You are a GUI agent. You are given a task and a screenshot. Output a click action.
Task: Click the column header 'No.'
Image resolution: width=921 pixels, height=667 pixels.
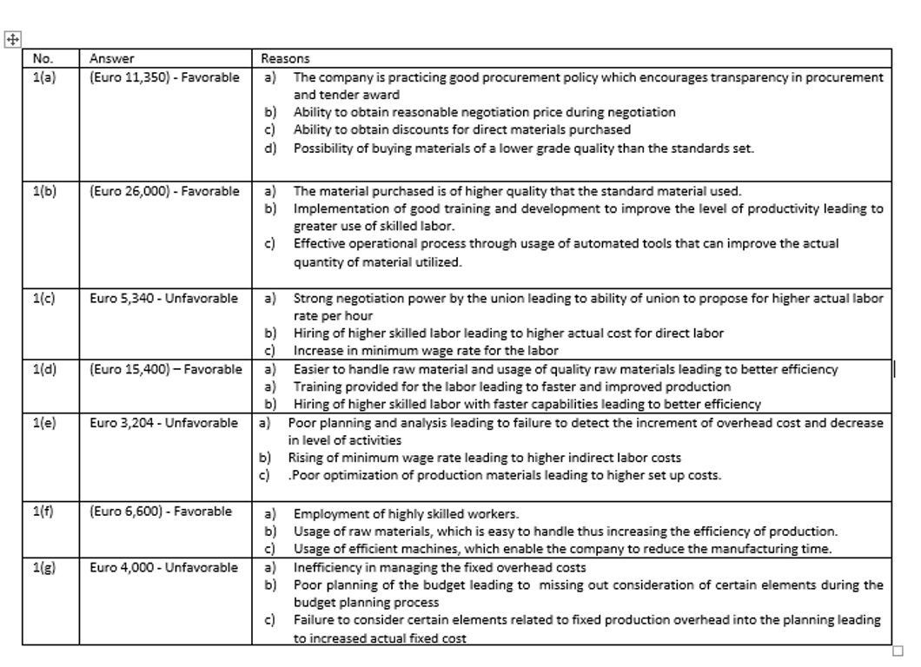click(43, 59)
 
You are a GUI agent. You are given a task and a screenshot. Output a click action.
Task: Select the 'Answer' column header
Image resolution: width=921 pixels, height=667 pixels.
click(111, 59)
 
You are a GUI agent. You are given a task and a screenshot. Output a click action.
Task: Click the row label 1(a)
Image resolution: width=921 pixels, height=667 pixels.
click(44, 77)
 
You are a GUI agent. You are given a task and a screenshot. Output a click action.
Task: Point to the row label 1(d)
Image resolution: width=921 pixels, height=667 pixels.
click(44, 369)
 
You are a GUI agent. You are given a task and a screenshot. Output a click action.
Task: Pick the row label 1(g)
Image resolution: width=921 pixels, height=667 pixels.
click(44, 567)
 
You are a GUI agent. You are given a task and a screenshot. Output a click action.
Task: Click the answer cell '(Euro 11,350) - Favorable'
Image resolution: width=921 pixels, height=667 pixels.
click(164, 77)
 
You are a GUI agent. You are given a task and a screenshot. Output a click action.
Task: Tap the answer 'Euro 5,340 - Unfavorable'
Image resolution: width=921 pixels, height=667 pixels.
click(163, 298)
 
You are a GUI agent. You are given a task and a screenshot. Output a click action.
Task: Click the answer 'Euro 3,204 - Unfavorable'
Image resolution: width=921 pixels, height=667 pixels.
click(163, 423)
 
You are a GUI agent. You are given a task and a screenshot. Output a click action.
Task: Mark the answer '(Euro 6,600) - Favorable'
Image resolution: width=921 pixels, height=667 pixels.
click(161, 512)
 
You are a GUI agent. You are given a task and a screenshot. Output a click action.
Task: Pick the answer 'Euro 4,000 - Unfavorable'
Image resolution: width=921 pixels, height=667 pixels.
click(163, 567)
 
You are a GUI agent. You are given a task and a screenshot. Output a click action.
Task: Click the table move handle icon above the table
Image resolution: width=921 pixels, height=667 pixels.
click(13, 39)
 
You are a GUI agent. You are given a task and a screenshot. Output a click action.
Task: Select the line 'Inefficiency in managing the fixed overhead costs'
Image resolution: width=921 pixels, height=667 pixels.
click(439, 567)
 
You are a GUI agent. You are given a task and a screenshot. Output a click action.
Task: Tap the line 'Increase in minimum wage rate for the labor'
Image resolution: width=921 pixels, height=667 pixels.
click(425, 351)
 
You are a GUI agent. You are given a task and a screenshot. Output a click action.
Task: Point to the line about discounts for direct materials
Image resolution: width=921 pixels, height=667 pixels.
click(461, 129)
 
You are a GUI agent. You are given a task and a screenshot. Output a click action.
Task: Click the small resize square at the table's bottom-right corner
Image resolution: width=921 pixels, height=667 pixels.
click(898, 650)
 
